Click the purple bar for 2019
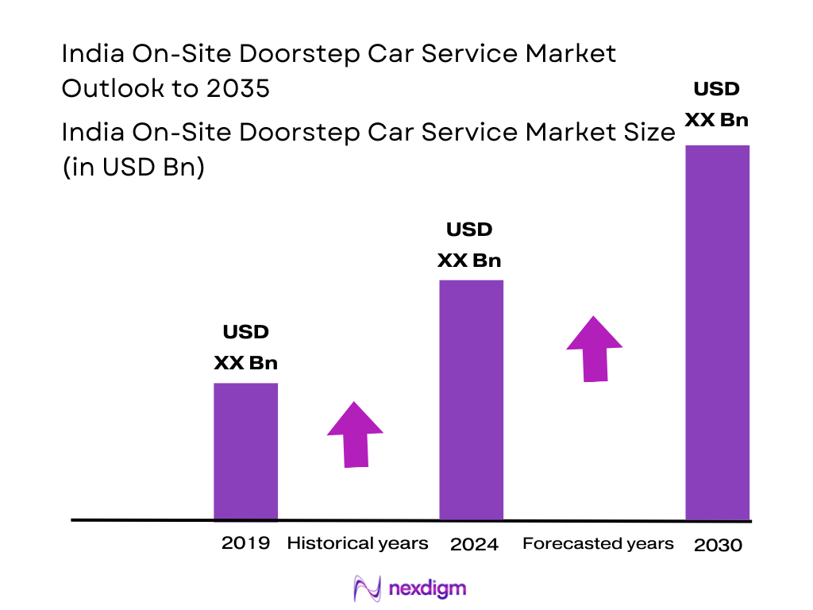click(x=245, y=451)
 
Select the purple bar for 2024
click(x=471, y=400)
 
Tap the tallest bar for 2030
click(x=717, y=332)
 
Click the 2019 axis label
click(x=245, y=543)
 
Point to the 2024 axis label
click(x=474, y=544)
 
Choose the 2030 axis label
click(x=718, y=545)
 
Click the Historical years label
click(x=357, y=543)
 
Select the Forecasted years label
click(x=598, y=543)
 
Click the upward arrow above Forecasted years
click(x=594, y=349)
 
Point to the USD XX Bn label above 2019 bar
click(x=245, y=347)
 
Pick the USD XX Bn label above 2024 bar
click(x=469, y=245)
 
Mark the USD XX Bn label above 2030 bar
click(x=717, y=104)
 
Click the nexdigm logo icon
click(x=367, y=589)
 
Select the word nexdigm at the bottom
click(x=428, y=589)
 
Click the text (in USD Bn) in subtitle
click(x=133, y=168)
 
